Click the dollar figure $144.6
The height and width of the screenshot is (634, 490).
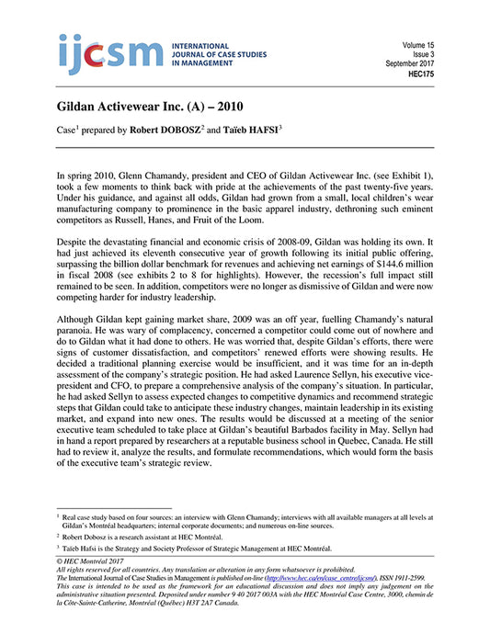tap(392, 286)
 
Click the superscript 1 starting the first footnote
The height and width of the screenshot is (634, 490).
tap(58, 517)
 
